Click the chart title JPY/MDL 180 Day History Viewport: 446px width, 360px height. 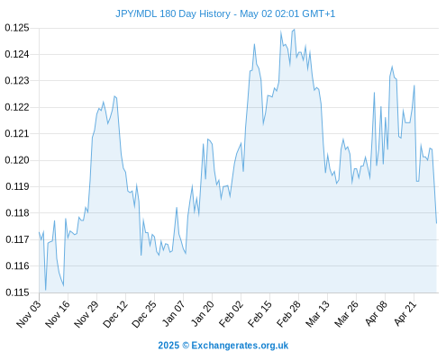point(173,13)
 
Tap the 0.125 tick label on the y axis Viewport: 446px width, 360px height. point(17,28)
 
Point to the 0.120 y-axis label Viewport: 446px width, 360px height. point(17,160)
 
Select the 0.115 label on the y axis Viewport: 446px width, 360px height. point(17,292)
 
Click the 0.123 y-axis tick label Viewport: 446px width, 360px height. point(17,81)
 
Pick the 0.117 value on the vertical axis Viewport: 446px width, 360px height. point(17,239)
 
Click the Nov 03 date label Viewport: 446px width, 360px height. point(29,314)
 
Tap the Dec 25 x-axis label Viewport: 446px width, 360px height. point(144,314)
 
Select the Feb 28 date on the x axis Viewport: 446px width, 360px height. point(288,314)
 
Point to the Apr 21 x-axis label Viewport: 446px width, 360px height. point(405,314)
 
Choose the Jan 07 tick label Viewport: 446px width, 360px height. point(173,314)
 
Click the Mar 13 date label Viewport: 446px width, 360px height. point(317,314)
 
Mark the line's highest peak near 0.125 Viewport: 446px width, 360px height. point(295,30)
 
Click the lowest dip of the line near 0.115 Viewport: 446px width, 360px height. point(46,290)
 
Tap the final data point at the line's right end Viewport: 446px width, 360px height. point(436,223)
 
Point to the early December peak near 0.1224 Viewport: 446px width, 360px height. point(114,96)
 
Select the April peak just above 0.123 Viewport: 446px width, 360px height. point(392,67)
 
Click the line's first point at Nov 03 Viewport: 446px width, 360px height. point(39,232)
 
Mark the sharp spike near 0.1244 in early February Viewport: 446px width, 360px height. point(254,44)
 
